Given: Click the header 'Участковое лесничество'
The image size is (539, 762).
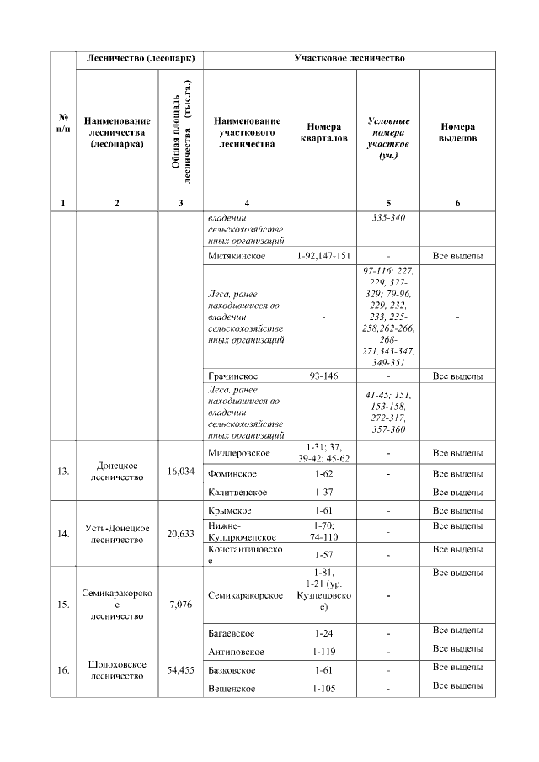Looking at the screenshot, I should click(x=349, y=60).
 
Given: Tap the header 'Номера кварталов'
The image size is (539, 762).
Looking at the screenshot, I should click(x=323, y=132).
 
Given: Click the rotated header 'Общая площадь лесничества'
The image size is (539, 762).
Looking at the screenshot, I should click(x=181, y=132).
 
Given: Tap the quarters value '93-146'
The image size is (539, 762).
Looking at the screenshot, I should click(x=323, y=376).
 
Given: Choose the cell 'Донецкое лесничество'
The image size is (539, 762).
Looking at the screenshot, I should click(x=117, y=471).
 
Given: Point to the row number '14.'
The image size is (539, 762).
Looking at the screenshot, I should click(x=62, y=534).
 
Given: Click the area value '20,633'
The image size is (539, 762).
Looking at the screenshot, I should click(x=181, y=534).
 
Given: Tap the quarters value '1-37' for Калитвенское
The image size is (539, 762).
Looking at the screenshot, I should click(x=323, y=492).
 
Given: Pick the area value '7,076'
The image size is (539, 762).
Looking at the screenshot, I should click(x=181, y=605).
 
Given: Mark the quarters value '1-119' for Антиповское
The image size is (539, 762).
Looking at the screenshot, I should click(x=323, y=652).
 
